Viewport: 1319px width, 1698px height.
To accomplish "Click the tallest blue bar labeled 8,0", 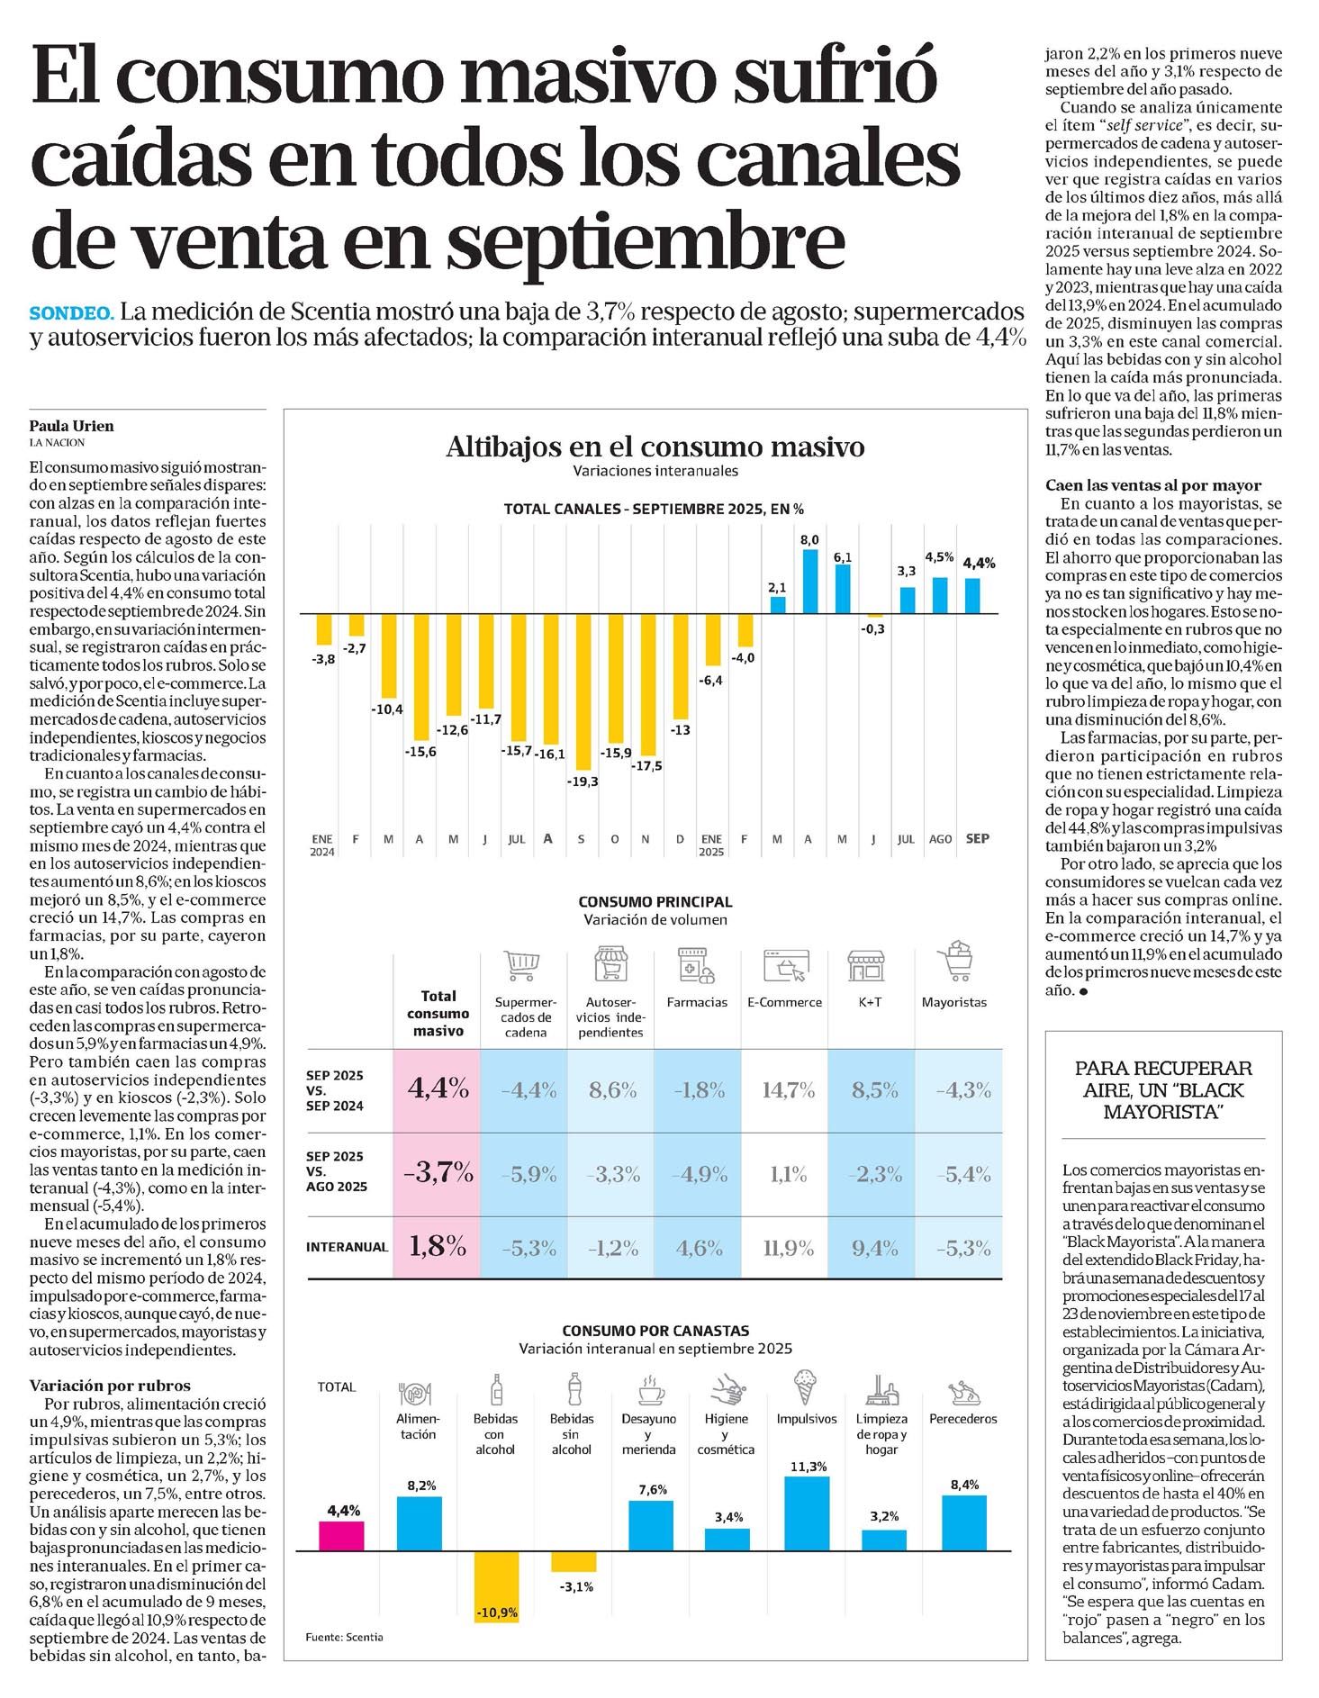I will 809,582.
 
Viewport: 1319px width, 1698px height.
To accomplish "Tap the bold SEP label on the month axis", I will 977,838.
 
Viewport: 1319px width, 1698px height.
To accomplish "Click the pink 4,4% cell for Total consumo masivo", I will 438,1089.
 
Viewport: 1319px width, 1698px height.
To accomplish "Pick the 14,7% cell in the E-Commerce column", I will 788,1090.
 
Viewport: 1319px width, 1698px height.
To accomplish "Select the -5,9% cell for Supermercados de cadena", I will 529,1174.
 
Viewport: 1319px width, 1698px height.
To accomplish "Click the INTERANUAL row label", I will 347,1247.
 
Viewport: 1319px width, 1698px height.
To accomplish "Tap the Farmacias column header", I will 697,1002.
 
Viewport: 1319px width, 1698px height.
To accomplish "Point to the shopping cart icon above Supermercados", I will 523,963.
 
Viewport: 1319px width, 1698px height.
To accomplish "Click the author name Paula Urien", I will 72,426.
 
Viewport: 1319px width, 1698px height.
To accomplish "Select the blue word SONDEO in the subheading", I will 72,313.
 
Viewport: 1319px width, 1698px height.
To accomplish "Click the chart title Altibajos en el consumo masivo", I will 655,447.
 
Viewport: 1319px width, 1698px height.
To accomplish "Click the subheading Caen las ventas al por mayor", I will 1153,485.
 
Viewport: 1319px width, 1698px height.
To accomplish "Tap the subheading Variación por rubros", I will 110,1386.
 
